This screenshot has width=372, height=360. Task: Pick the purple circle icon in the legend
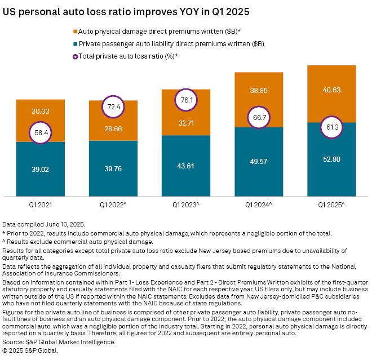pyautogui.click(x=75, y=56)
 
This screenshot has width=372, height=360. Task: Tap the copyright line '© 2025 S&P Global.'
pyautogui.click(x=30, y=350)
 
